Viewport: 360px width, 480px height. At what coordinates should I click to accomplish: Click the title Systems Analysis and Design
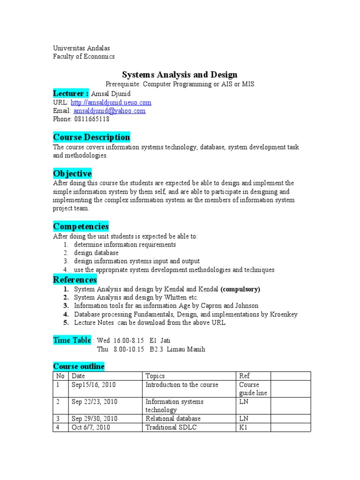click(x=180, y=75)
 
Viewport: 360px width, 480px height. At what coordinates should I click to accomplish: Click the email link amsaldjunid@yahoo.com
click(x=109, y=111)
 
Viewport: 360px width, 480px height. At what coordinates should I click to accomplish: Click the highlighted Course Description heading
click(x=91, y=137)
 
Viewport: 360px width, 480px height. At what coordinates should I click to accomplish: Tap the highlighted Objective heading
click(x=72, y=174)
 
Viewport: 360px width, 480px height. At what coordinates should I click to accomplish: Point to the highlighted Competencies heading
click(x=81, y=226)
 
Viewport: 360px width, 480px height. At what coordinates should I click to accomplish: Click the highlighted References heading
click(x=75, y=280)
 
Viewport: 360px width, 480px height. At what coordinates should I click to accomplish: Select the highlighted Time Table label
click(x=72, y=340)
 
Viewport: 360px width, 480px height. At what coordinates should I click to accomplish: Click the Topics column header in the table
click(x=155, y=376)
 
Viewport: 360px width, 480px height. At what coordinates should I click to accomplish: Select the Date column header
click(x=79, y=376)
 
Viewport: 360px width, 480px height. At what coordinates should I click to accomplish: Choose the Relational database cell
click(x=173, y=419)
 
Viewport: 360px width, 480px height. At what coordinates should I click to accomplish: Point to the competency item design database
click(x=96, y=253)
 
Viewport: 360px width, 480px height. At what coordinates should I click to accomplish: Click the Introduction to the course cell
click(x=182, y=385)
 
